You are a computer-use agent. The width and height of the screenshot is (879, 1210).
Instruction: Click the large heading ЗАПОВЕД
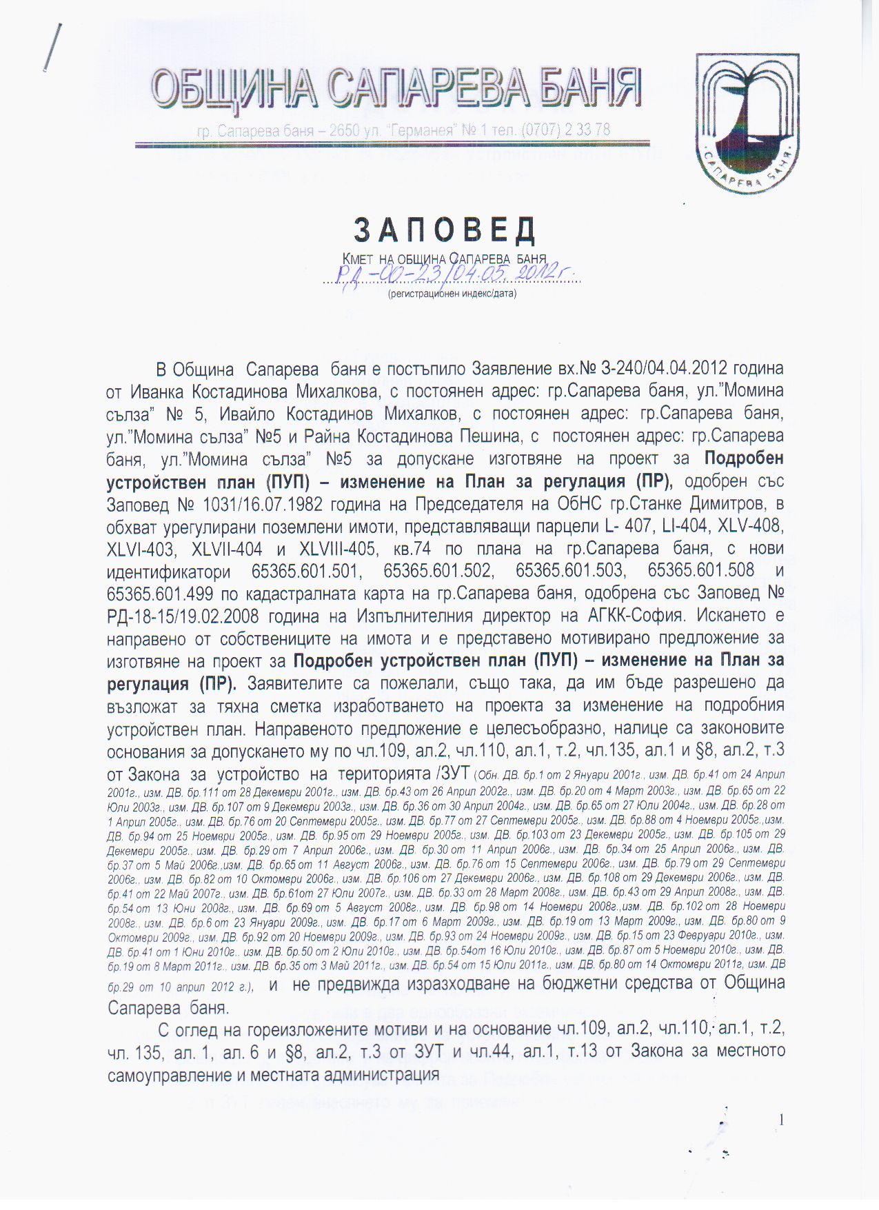tap(445, 231)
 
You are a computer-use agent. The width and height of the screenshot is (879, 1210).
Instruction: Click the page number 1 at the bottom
tap(781, 1120)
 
